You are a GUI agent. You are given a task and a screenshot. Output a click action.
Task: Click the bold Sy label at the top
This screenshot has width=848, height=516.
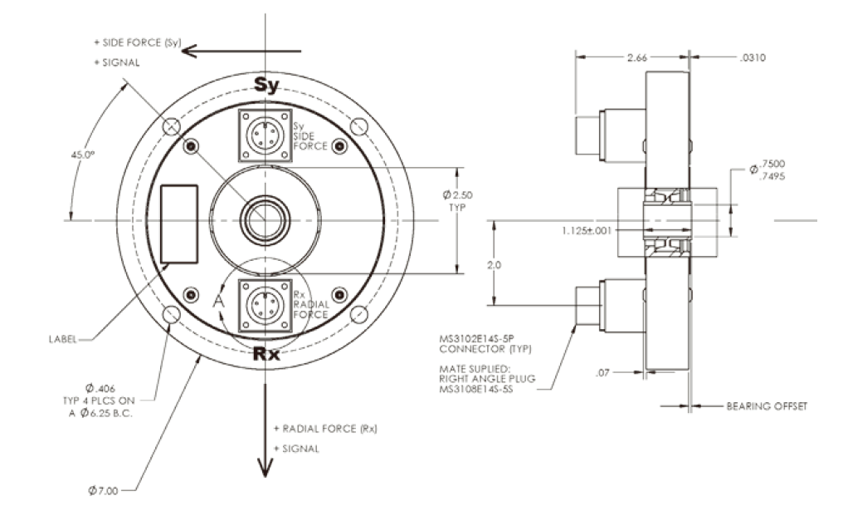coord(265,86)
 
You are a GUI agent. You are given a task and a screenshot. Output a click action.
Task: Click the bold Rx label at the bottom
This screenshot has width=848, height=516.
coord(266,355)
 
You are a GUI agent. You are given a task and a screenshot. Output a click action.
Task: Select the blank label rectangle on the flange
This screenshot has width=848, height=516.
coord(178,222)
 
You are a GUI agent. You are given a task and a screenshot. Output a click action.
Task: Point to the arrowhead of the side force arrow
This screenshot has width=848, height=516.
coord(188,50)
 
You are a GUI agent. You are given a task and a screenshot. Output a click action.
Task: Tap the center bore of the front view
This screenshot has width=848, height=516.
coord(265,220)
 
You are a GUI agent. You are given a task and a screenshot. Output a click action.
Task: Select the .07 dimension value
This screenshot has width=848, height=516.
coord(603,373)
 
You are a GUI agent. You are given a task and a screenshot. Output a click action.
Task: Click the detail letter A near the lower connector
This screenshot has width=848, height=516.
coord(219,302)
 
